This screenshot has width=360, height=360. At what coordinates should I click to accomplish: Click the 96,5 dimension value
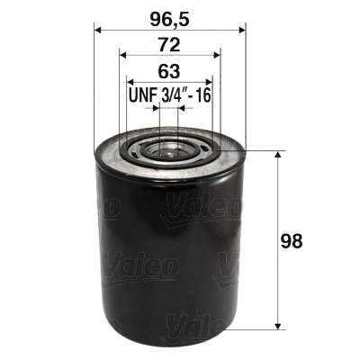point(170,20)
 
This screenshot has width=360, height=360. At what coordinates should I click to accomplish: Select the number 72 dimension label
point(169,46)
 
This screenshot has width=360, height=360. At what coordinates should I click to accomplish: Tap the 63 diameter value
point(169,71)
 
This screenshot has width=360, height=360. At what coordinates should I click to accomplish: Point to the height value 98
point(292,241)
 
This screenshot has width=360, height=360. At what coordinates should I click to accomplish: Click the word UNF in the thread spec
point(142,95)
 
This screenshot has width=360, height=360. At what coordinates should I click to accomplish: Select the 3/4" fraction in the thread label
point(173,95)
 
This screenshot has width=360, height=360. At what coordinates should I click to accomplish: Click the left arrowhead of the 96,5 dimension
point(98,30)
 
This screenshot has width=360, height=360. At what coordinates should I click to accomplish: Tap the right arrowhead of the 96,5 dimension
point(242,30)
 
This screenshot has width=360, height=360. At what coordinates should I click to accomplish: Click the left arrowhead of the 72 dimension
point(122,56)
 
